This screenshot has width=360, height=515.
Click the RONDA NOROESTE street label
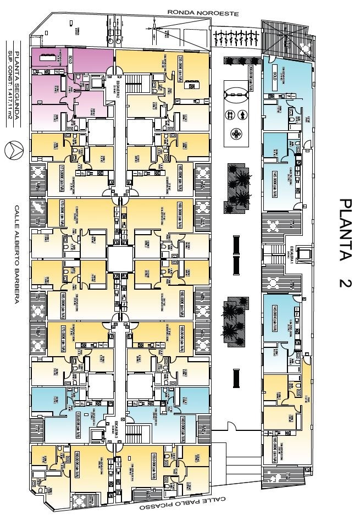[203, 13]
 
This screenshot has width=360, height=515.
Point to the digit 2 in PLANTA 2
[345, 283]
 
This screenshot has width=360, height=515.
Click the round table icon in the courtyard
[236, 133]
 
